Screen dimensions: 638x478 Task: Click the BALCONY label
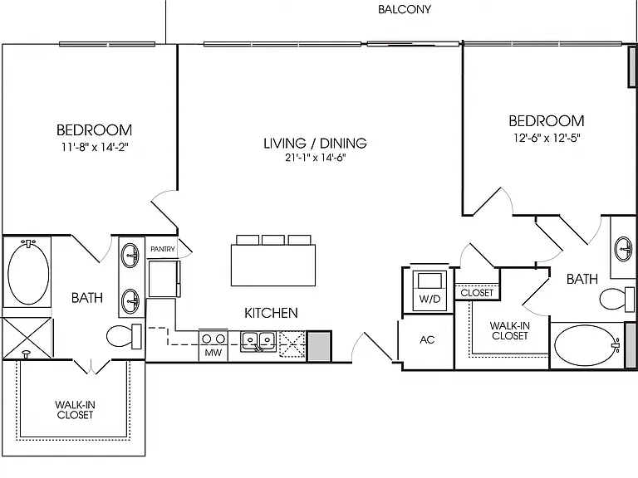click(x=404, y=9)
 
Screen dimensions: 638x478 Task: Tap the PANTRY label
click(x=162, y=249)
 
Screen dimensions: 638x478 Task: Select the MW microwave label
click(x=213, y=353)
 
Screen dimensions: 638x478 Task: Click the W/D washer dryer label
click(x=429, y=299)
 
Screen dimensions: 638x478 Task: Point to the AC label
click(x=427, y=339)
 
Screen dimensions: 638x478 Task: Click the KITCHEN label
click(x=271, y=313)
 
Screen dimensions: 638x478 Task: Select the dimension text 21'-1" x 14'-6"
click(x=315, y=158)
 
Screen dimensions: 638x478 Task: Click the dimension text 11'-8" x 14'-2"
click(x=95, y=147)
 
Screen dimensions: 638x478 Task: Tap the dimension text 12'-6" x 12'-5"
click(x=547, y=138)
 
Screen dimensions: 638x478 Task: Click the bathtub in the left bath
click(x=28, y=272)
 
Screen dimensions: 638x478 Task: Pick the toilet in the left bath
click(x=124, y=336)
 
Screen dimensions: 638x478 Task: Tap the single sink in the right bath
click(x=624, y=248)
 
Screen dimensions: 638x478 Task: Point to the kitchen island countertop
click(x=273, y=265)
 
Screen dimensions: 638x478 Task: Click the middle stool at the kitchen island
click(x=273, y=239)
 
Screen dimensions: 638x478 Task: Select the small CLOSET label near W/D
click(x=477, y=293)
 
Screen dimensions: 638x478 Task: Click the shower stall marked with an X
click(x=27, y=339)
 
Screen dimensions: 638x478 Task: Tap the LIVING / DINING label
click(x=316, y=143)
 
